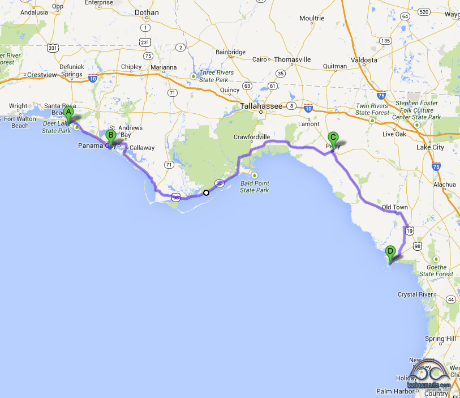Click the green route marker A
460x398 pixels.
pyautogui.click(x=68, y=113)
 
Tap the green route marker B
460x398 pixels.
pyautogui.click(x=111, y=136)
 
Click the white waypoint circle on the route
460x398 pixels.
pyautogui.click(x=207, y=193)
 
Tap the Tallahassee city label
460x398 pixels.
pyautogui.click(x=261, y=106)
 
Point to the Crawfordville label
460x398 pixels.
pyautogui.click(x=252, y=137)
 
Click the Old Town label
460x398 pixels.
pyautogui.click(x=394, y=207)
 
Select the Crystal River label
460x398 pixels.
pyautogui.click(x=416, y=294)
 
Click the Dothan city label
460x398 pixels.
pyautogui.click(x=147, y=12)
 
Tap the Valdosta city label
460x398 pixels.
pyautogui.click(x=364, y=59)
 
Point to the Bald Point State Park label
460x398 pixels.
pyautogui.click(x=254, y=186)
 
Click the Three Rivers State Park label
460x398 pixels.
pyautogui.click(x=216, y=76)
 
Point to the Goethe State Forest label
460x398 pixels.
pyautogui.click(x=436, y=270)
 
